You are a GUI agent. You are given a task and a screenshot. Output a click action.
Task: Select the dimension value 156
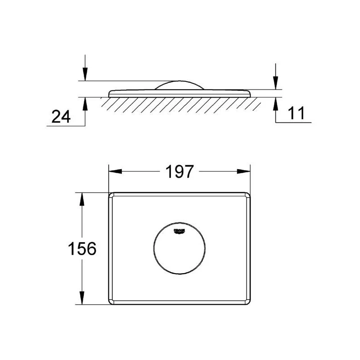click(x=82, y=248)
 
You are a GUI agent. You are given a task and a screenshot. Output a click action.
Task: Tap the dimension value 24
click(x=61, y=117)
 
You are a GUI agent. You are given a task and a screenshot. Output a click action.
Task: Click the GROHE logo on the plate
click(x=180, y=231)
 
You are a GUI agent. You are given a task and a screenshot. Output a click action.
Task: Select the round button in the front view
click(x=179, y=248)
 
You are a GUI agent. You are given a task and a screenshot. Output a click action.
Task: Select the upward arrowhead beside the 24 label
click(x=85, y=103)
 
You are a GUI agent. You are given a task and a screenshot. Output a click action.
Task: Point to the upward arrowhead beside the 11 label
click(x=275, y=103)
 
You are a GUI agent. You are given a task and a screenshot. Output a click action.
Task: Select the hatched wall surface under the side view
click(x=180, y=104)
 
